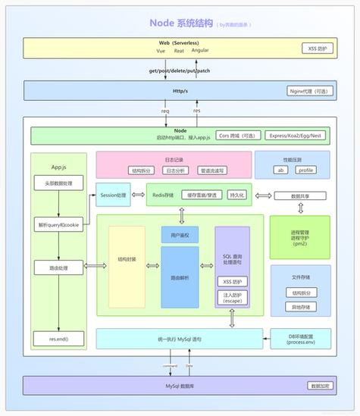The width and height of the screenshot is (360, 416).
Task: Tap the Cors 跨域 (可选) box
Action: [235, 136]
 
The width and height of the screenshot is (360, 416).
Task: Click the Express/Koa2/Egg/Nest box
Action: [296, 136]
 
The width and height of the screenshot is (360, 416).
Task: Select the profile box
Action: [305, 170]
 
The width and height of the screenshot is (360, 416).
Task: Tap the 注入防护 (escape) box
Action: [232, 297]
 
